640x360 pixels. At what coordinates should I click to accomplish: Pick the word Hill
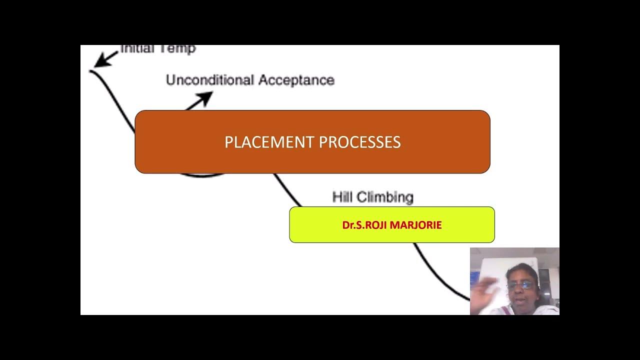344,197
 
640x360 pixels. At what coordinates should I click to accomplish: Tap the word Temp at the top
179,49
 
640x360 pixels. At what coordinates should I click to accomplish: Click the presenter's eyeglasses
518,285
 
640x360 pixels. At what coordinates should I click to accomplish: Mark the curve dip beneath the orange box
202,176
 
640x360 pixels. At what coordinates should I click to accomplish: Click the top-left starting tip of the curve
91,71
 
